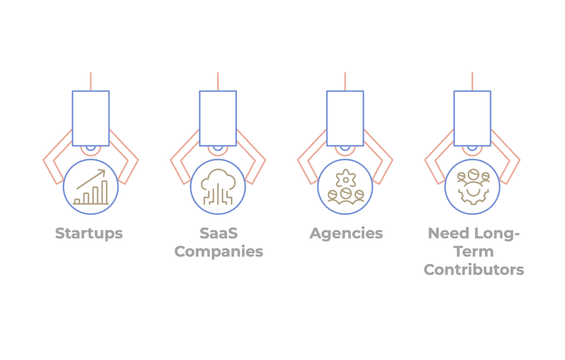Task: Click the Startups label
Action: coord(89,234)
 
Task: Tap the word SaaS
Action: coord(219,233)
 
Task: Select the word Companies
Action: coord(219,252)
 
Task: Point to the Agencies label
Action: coord(346,234)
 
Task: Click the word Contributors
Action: coord(474,270)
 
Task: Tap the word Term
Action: coord(474,252)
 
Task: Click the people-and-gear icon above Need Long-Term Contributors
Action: coord(472,187)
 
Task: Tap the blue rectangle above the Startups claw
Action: coord(91,118)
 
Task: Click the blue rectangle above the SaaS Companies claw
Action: coord(218,118)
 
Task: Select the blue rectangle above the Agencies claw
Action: coord(345,118)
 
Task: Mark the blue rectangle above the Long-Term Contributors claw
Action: coord(472,118)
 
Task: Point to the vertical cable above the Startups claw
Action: coord(91,81)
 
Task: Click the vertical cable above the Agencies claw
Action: coord(345,81)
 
